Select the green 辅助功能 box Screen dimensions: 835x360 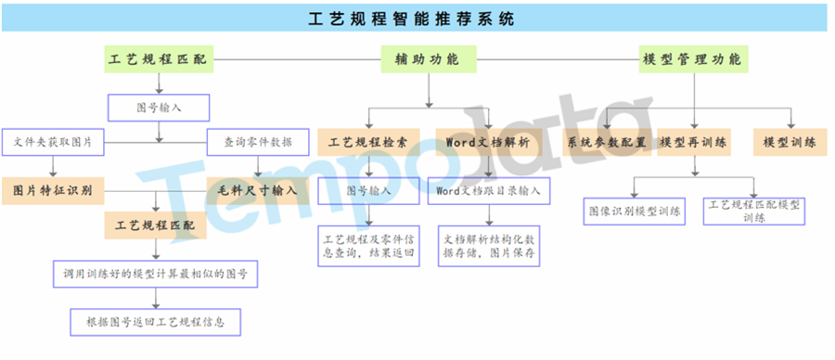coord(428,59)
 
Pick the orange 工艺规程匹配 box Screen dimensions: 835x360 coord(155,225)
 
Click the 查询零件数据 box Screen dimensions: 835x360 coord(259,143)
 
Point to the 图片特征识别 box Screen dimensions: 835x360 coord(52,190)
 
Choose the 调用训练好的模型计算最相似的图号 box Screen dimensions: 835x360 coord(155,275)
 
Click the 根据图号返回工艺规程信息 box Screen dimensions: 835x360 coord(155,322)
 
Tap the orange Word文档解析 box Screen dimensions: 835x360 coord(488,143)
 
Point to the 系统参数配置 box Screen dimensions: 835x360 coord(606,143)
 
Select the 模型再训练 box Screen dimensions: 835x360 coord(693,143)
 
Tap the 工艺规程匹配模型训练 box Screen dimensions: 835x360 coord(754,211)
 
